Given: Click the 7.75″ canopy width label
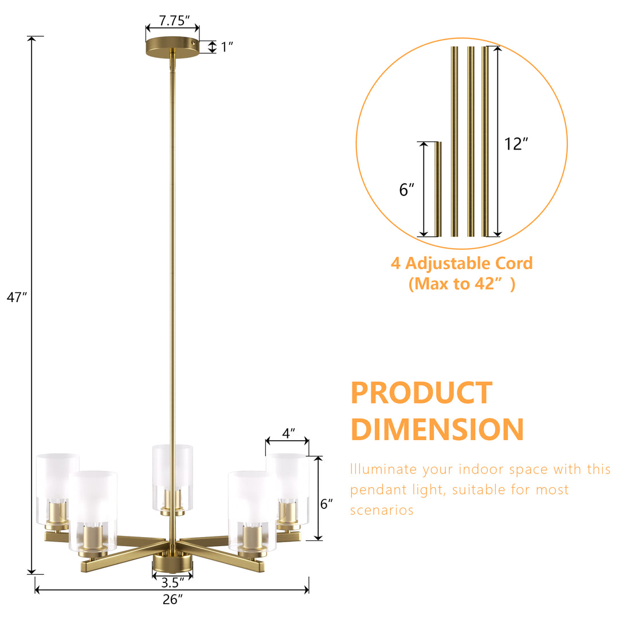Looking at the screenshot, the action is (174, 21).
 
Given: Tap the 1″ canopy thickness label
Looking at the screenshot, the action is (226, 47).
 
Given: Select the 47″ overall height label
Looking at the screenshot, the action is (17, 297).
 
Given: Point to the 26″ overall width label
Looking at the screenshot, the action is (173, 600).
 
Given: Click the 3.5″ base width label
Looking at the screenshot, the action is (173, 583).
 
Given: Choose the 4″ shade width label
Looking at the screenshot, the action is (288, 433).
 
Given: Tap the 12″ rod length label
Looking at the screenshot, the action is (516, 144).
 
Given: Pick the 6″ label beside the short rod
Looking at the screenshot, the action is (406, 190).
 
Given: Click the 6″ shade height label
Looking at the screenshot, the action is (326, 504).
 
